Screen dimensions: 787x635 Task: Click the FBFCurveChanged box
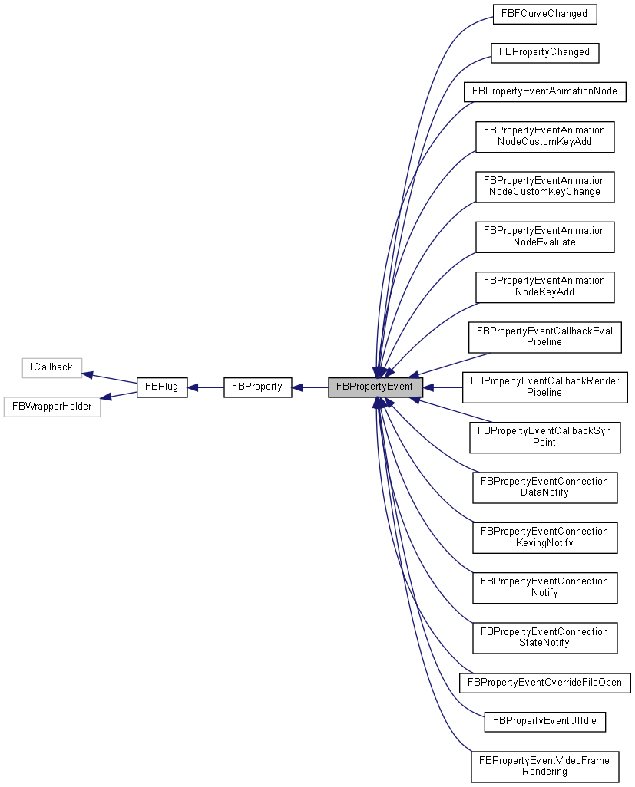[x=544, y=14]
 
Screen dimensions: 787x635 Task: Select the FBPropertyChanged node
[x=544, y=52]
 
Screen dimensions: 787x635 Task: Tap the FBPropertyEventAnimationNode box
[x=544, y=91]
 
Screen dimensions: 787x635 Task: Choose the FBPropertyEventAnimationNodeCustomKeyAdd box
[x=544, y=136]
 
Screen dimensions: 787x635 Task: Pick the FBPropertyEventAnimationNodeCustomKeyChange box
[x=544, y=186]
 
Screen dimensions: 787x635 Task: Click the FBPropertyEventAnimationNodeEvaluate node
[x=544, y=235]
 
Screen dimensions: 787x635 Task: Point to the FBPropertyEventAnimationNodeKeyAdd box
[x=544, y=286]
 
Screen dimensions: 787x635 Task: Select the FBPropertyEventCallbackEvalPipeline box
[x=544, y=336]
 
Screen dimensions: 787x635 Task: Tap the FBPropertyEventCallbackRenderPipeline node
[x=544, y=386]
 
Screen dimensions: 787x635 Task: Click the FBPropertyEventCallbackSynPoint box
[x=544, y=436]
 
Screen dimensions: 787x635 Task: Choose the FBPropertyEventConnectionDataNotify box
[x=544, y=486]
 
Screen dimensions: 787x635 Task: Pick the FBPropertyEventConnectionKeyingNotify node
[x=544, y=536]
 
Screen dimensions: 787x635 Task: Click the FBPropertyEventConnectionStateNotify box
[x=544, y=637]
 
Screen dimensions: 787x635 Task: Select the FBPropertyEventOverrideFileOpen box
[x=544, y=682]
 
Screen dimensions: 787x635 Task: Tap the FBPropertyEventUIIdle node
[x=544, y=721]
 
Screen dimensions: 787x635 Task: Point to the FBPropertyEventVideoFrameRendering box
[x=544, y=766]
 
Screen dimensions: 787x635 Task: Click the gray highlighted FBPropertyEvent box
[x=375, y=387]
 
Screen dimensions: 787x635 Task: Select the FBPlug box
[x=161, y=387]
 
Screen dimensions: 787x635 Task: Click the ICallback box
[x=51, y=367]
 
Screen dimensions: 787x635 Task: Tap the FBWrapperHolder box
[x=51, y=407]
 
